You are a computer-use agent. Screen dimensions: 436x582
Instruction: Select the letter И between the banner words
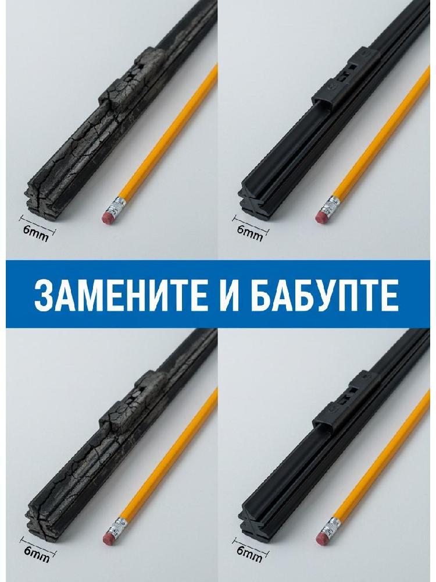(x=231, y=294)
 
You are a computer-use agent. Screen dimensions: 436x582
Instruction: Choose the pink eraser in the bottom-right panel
(x=323, y=538)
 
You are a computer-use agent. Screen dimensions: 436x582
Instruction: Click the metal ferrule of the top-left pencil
(x=118, y=205)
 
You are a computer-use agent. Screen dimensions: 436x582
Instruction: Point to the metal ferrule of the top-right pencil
(x=331, y=204)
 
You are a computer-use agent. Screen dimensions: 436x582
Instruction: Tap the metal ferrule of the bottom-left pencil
(x=119, y=527)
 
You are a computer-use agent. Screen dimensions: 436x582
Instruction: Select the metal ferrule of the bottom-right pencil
(x=332, y=527)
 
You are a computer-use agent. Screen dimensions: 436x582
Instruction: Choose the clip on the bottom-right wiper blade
(x=346, y=402)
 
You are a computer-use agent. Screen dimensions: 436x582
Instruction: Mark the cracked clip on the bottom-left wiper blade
(x=133, y=402)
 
